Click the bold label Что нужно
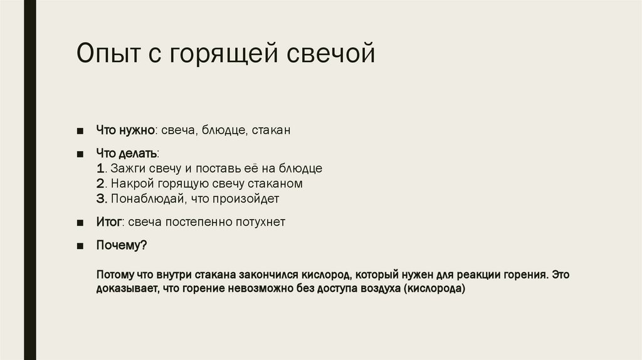pos(125,130)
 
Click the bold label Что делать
pos(126,153)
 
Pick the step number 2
pos(101,184)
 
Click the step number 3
pos(101,199)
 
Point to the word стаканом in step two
pos(275,184)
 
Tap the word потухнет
pos(263,222)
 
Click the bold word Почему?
pos(121,245)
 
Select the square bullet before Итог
pos(80,223)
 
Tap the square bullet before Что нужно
pos(80,131)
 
